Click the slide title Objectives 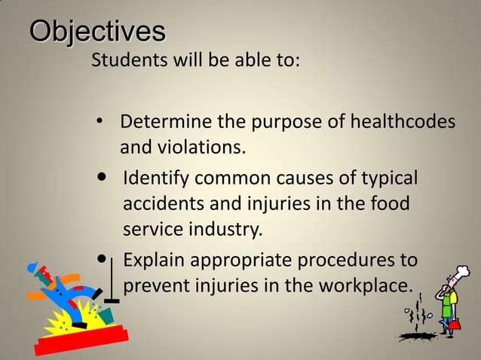click(97, 33)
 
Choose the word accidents click(159, 204)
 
